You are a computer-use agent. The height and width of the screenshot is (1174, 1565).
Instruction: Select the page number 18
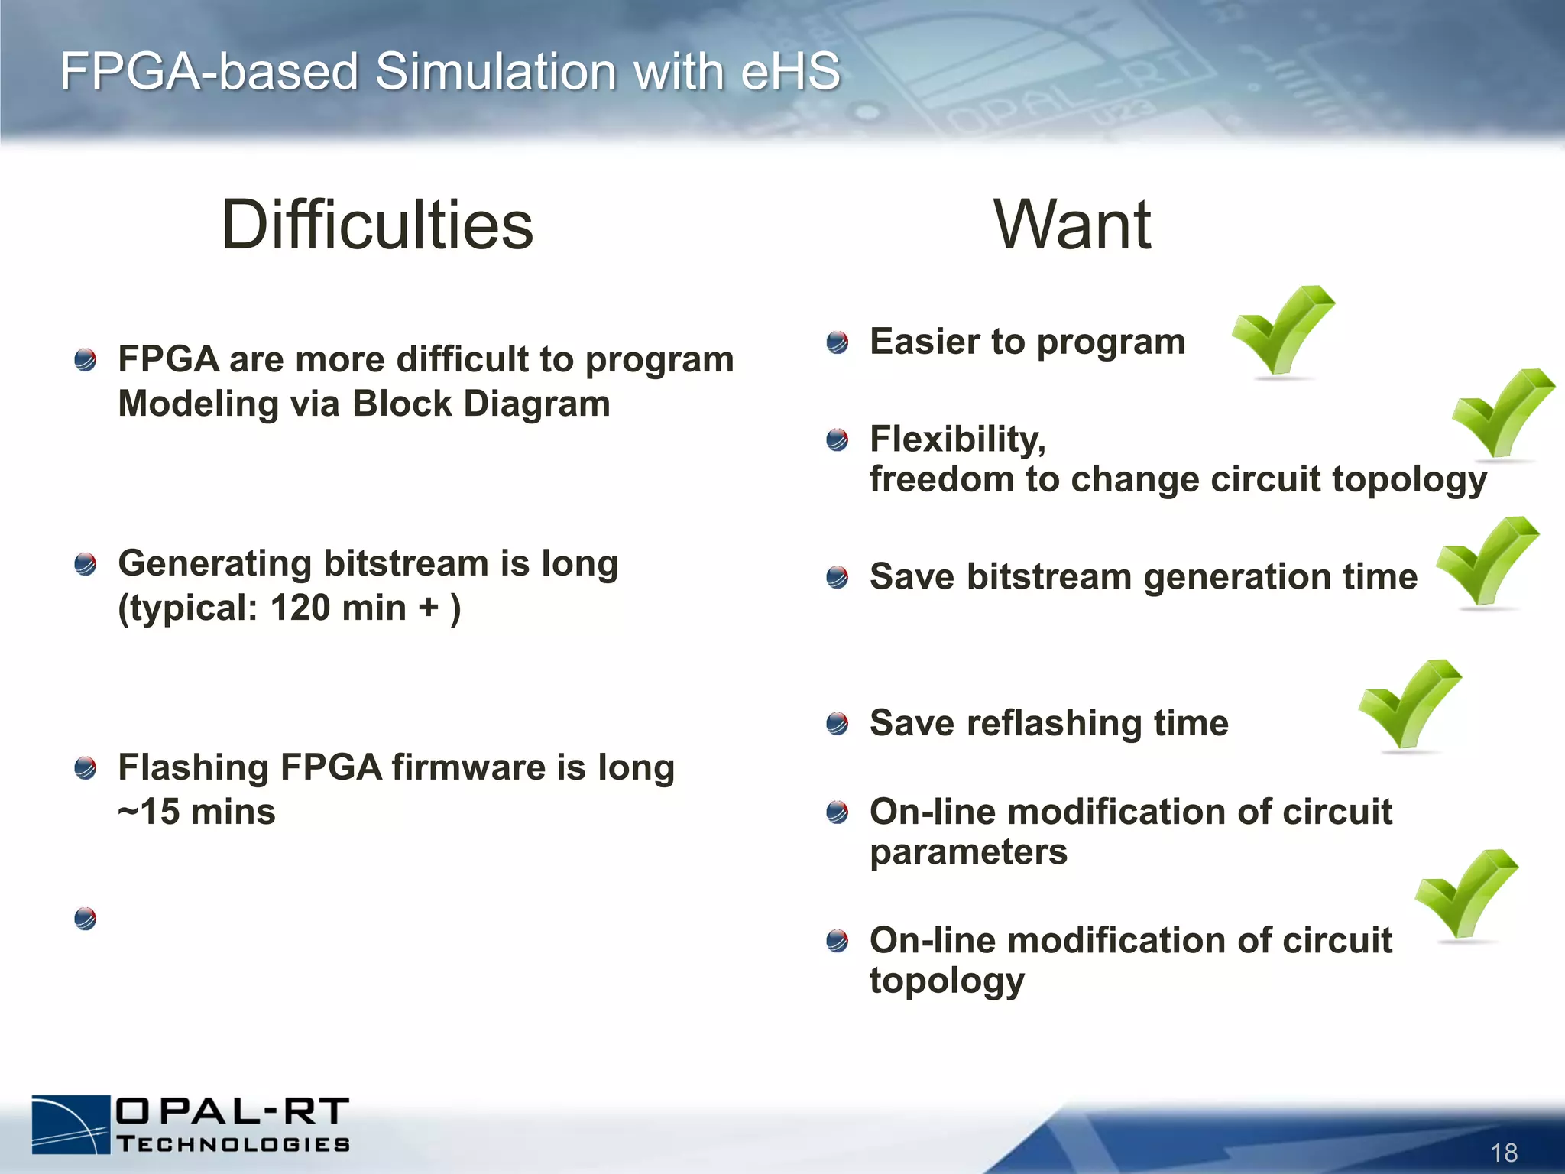point(1504,1152)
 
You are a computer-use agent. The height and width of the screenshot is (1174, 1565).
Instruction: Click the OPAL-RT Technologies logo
point(191,1124)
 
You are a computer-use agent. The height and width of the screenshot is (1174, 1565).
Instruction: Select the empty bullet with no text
point(86,918)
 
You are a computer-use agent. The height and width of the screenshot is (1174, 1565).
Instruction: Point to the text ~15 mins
point(196,812)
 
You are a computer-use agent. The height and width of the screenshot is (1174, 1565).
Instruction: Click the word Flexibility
point(957,439)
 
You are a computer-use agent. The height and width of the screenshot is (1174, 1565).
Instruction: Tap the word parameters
point(968,852)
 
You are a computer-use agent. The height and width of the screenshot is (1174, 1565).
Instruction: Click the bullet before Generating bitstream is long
point(86,565)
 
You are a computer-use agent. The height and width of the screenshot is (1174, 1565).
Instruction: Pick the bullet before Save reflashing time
point(838,723)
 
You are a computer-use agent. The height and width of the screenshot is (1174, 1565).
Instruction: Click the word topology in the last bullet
point(947,981)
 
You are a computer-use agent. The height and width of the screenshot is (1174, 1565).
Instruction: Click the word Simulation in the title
point(495,72)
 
